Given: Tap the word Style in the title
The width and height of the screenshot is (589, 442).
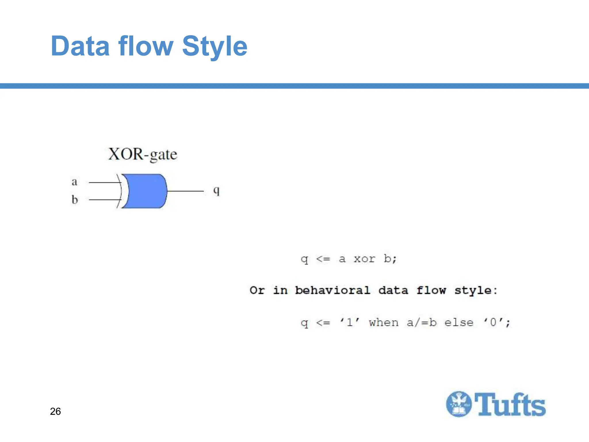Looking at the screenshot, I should coord(215,47).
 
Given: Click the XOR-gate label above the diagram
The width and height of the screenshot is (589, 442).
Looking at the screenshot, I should coord(143,155).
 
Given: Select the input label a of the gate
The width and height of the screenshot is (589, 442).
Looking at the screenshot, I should coord(74,182).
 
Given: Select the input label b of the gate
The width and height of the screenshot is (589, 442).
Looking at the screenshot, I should coord(75,199).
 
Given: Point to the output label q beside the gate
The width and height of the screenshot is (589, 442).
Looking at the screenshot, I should coord(216,190).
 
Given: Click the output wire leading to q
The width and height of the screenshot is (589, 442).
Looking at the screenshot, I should coord(185,191).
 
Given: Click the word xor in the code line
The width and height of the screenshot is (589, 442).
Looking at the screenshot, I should coord(364,259).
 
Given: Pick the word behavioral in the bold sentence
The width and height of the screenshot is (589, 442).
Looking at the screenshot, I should coord(332,290).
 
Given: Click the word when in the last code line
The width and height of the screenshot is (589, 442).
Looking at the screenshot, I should coord(384,323).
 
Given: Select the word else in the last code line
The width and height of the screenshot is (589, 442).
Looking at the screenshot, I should coord(459,323).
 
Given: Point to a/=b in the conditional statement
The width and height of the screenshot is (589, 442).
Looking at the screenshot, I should coord(421,323).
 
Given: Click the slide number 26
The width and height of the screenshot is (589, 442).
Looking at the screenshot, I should coord(55,411).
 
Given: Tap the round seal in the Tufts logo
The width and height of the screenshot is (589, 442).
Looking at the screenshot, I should coord(459,404).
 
